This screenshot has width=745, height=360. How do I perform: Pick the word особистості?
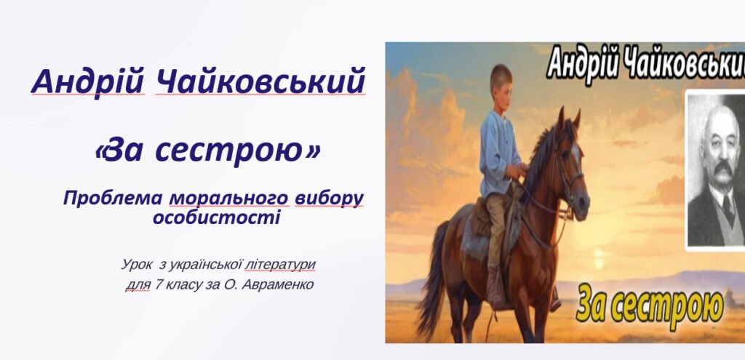pyautogui.click(x=216, y=217)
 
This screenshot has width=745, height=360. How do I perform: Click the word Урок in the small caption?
pyautogui.click(x=137, y=265)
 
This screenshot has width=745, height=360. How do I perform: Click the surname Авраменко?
pyautogui.click(x=279, y=284)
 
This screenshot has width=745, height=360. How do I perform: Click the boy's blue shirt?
pyautogui.click(x=500, y=145)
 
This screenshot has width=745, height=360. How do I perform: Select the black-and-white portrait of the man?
pyautogui.click(x=716, y=171)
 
